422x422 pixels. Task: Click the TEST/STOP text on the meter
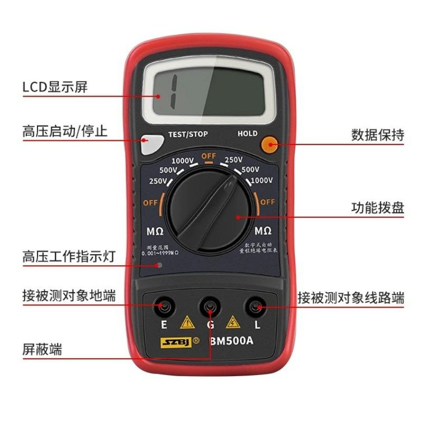coord(188,134)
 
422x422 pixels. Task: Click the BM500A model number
coord(232,340)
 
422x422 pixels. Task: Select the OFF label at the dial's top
coord(209,156)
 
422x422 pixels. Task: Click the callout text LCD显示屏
coord(55,87)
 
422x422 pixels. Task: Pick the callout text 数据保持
coord(378,135)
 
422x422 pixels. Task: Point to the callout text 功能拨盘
coord(378,208)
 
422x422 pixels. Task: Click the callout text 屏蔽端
coord(42,349)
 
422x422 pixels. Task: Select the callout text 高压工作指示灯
coord(69,257)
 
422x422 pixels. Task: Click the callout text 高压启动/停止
coord(65,131)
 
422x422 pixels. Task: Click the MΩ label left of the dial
coord(155,231)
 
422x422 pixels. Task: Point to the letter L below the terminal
coord(257,325)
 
